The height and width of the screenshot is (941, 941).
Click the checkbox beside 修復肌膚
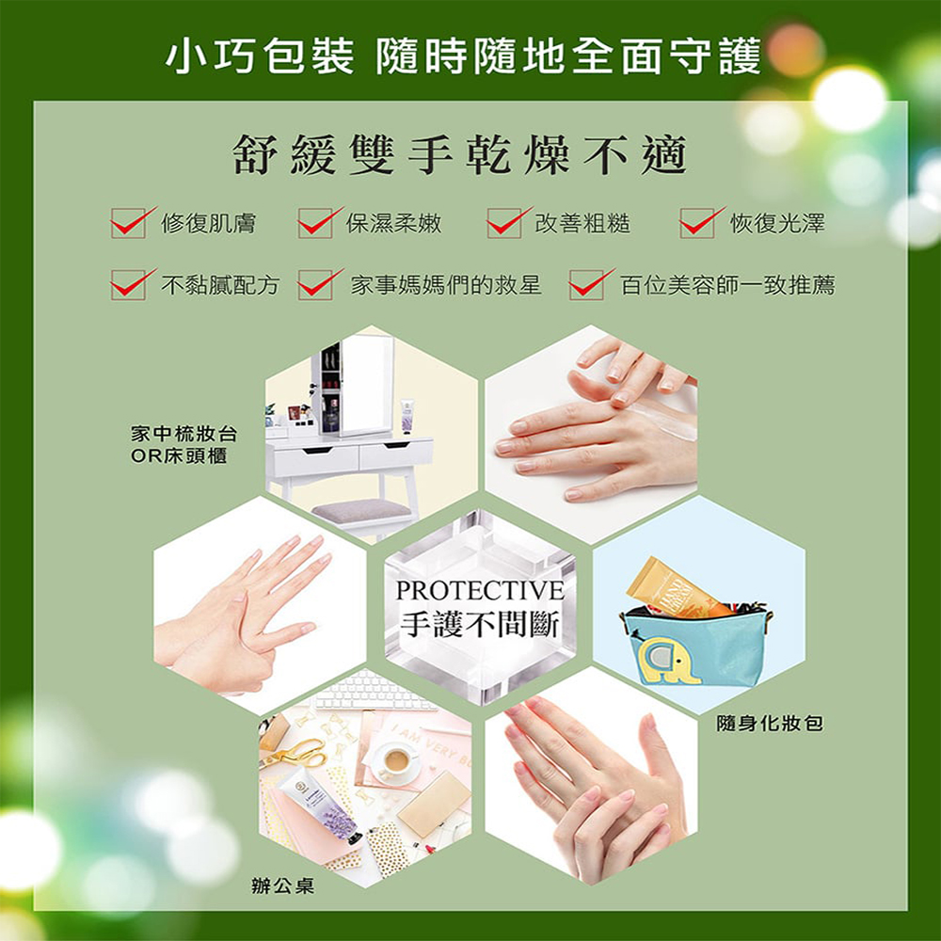[128, 223]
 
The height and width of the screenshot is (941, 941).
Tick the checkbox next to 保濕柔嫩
[314, 223]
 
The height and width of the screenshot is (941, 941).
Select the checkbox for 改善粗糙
[504, 223]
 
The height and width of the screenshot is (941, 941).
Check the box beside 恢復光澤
[696, 223]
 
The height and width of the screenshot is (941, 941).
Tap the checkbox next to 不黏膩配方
[128, 284]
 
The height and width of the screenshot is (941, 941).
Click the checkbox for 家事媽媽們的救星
[314, 284]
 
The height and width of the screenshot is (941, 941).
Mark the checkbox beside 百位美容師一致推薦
[586, 284]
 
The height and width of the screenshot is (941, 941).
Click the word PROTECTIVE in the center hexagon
[480, 591]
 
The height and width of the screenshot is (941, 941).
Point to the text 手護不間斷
[480, 624]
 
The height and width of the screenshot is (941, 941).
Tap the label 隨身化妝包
[770, 723]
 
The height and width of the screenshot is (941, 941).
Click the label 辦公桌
[282, 885]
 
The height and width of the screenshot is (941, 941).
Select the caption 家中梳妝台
[184, 433]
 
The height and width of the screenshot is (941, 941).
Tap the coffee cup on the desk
[396, 761]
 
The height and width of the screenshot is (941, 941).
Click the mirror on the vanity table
[365, 384]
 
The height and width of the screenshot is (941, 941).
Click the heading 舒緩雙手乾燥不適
[460, 155]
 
